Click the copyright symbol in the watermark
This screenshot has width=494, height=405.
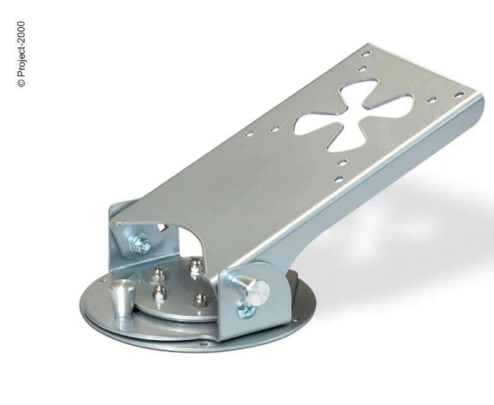21,83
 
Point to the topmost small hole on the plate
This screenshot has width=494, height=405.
366,54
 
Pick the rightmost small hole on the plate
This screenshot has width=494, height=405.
459,95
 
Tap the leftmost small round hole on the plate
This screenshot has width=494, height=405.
249,134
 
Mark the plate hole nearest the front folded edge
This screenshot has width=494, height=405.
338,179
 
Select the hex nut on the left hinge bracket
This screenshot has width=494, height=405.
140,243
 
